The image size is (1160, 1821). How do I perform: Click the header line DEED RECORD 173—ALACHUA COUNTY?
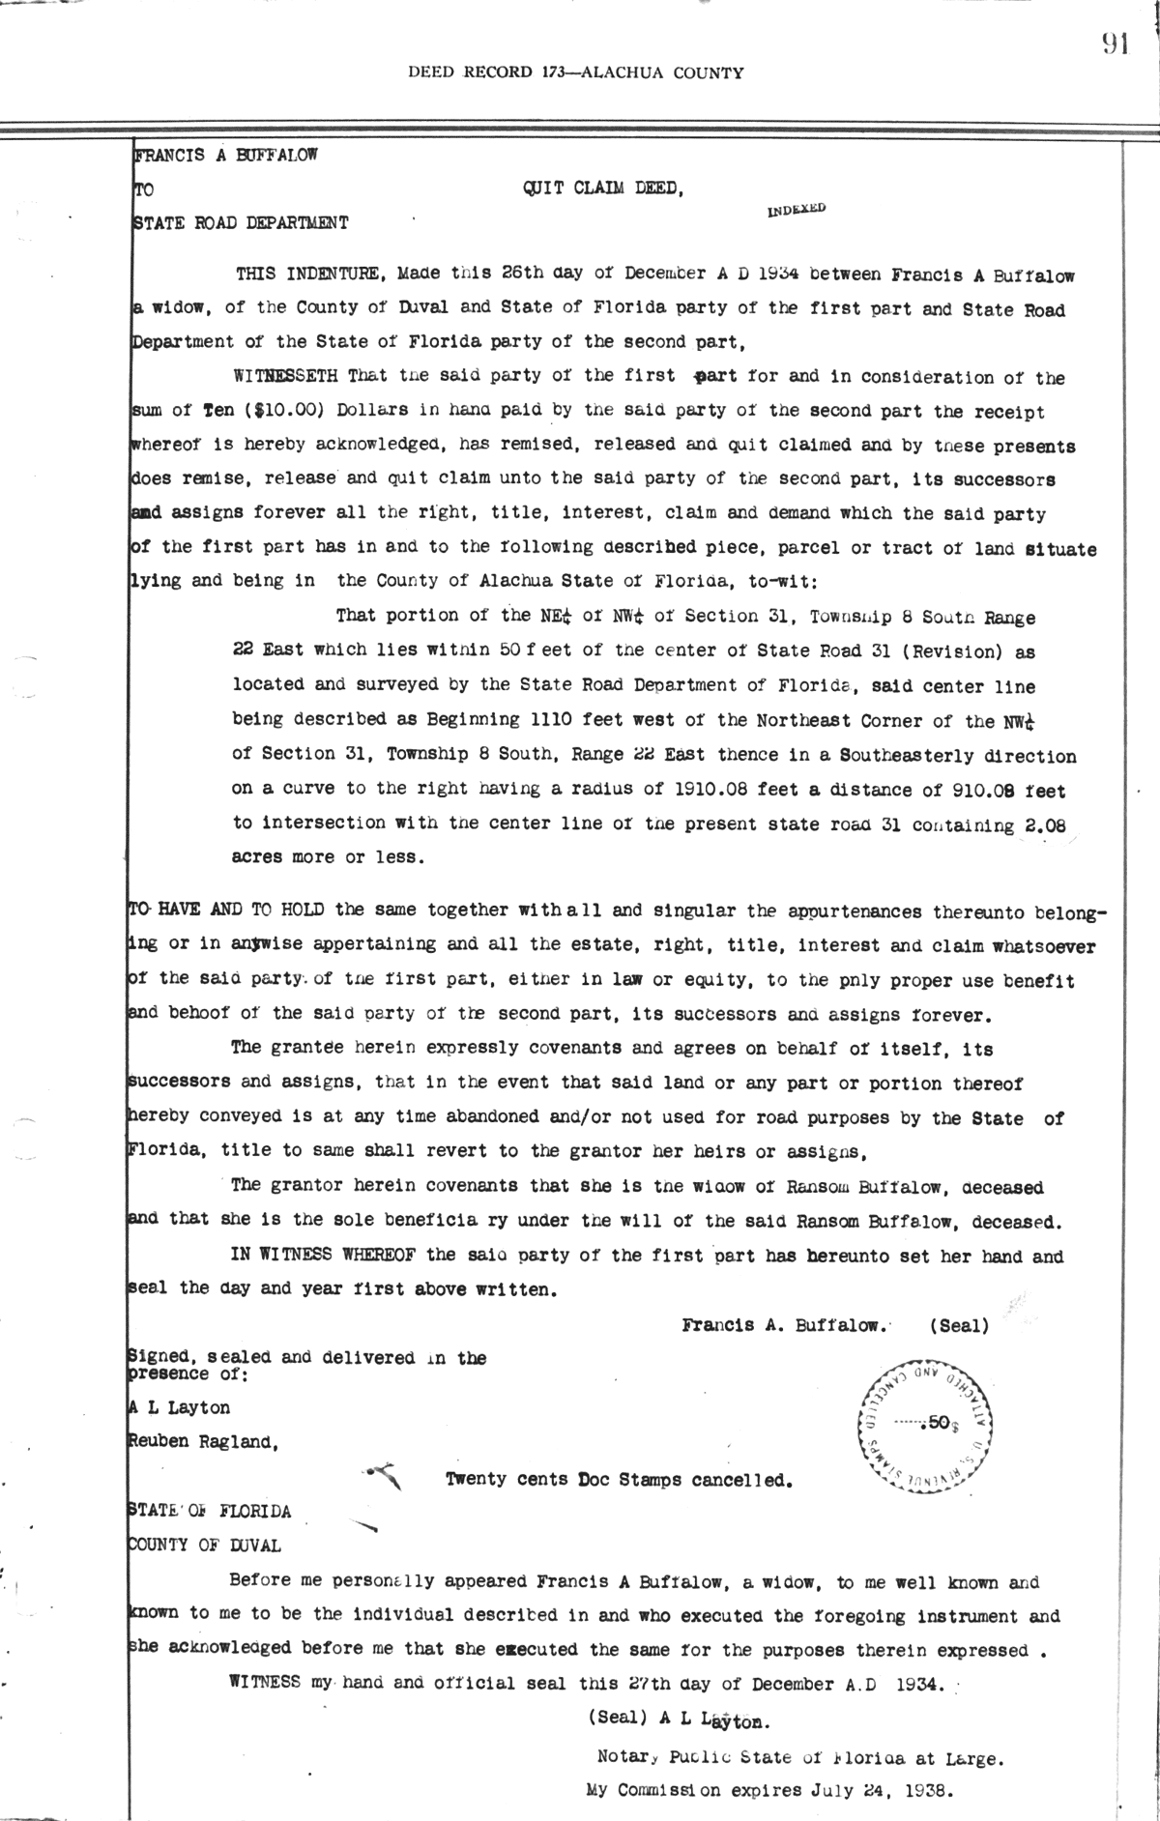(x=576, y=72)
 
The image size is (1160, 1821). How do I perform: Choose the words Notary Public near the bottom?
(x=665, y=1757)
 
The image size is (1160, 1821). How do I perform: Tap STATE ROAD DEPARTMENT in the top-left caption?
(x=240, y=223)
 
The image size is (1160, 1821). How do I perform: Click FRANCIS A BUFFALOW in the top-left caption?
(x=226, y=155)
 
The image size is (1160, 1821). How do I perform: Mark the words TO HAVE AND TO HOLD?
(x=227, y=910)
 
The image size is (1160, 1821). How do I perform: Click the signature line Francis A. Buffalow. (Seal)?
(x=835, y=1325)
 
